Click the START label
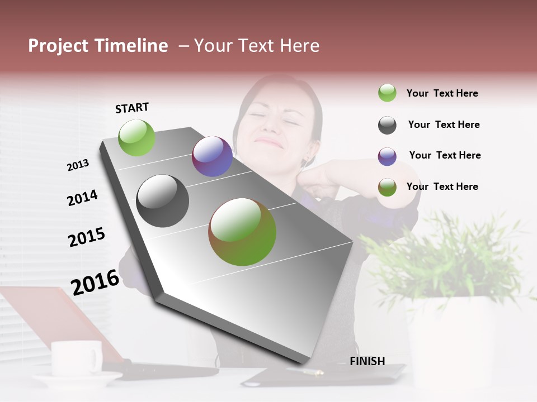(132, 108)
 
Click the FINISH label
(367, 361)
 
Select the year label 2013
(78, 165)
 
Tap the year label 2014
(82, 198)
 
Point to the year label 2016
(95, 282)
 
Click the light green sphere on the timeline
(136, 137)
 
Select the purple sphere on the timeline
(212, 156)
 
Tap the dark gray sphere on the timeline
(162, 201)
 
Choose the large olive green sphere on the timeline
(242, 232)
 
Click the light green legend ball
(387, 93)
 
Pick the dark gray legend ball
(387, 125)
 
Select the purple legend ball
(387, 156)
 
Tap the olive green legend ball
(387, 187)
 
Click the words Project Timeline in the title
(98, 46)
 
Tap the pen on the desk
(305, 371)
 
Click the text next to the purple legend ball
(445, 155)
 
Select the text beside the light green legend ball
(442, 93)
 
